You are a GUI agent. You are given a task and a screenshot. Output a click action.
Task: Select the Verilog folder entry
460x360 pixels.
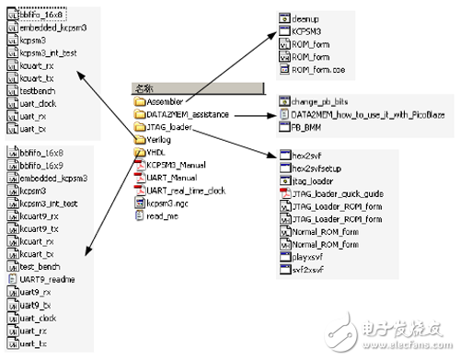point(160,140)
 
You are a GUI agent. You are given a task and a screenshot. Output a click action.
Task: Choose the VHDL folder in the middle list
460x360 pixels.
point(157,152)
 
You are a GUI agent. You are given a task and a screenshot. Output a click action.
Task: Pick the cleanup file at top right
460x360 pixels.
point(308,18)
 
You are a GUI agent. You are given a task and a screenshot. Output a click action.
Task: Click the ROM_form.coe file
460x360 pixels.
point(317,69)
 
